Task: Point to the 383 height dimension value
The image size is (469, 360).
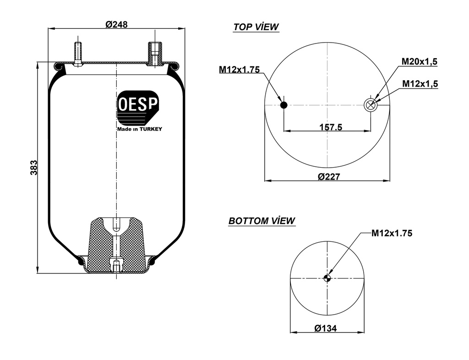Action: [33, 168]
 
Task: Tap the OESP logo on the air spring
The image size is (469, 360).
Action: [138, 108]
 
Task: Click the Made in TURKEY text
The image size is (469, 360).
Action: [140, 129]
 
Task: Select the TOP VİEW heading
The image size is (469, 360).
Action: [256, 27]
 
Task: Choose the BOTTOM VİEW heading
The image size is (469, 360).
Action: [262, 221]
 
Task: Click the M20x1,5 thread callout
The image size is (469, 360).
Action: [420, 61]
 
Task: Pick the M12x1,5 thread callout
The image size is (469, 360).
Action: [420, 83]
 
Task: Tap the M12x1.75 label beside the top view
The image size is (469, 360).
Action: [239, 70]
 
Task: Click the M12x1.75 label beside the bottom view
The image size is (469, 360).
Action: [392, 233]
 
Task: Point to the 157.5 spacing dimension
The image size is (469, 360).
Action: [331, 127]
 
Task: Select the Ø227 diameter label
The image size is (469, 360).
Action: [328, 176]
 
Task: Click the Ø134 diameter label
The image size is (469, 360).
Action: [326, 328]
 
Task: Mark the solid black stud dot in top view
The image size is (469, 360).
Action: [284, 105]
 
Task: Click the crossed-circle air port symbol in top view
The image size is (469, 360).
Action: [370, 105]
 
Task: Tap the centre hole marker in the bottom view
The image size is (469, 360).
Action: [327, 278]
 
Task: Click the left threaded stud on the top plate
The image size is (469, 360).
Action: [78, 53]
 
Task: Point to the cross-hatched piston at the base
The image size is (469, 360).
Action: [101, 247]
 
